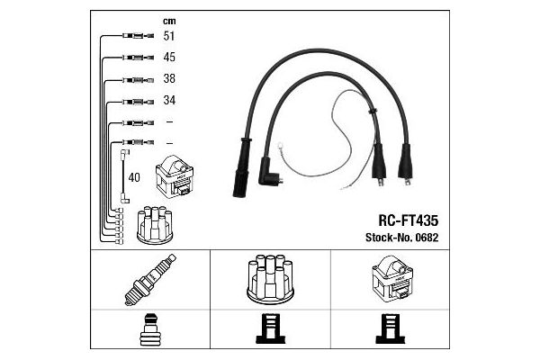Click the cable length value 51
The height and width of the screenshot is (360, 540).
click(169, 36)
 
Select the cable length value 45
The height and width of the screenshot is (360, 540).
click(169, 58)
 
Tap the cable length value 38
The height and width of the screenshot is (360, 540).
click(169, 78)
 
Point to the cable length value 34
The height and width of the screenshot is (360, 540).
click(169, 100)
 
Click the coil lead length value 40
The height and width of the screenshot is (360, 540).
click(134, 178)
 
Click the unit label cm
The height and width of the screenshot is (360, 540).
click(169, 22)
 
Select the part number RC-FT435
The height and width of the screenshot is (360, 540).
click(408, 220)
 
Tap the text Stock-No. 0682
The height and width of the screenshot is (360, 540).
click(401, 238)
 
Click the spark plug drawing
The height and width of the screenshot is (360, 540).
click(150, 280)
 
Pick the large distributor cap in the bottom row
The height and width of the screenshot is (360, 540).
click(270, 279)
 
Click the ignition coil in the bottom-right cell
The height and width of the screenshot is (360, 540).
click(392, 279)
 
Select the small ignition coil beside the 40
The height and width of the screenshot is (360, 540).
click(175, 176)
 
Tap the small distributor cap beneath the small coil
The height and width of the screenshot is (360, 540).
click(155, 226)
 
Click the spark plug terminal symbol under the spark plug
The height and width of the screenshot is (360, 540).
click(149, 329)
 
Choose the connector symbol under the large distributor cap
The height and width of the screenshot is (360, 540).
click(270, 328)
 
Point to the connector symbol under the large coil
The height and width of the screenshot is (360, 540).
click(391, 328)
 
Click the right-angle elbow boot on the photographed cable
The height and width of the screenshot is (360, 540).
click(269, 172)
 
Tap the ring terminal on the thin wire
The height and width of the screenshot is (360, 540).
click(280, 146)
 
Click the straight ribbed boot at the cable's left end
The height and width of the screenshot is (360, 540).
click(241, 167)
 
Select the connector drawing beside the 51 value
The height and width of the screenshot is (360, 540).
click(138, 35)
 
